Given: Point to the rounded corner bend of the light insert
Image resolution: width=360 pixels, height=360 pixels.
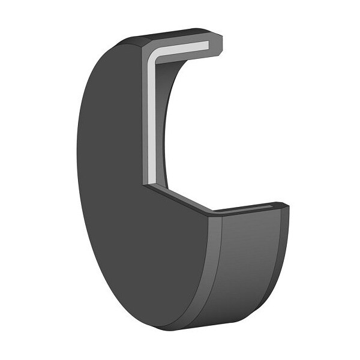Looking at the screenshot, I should click(155, 55).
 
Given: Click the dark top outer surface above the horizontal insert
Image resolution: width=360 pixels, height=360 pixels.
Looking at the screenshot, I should click(174, 34).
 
